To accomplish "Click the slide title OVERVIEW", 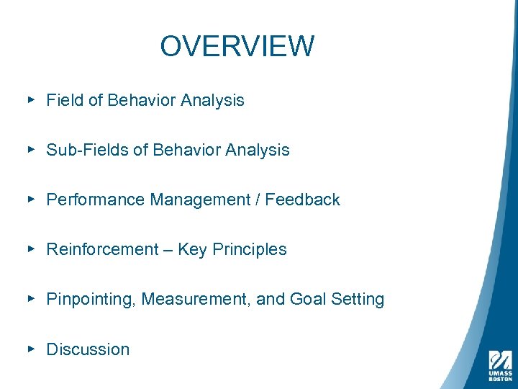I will [237, 46].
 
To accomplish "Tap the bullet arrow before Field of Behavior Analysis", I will [31, 100].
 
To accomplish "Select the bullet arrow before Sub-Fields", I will [31, 150].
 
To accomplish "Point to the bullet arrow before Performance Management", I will [31, 200].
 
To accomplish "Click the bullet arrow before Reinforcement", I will [31, 249].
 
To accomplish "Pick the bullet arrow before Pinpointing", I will [31, 299].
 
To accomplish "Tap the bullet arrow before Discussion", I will [31, 349].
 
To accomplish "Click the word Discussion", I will [88, 349].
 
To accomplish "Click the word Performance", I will [96, 200].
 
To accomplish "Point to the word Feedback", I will [302, 200].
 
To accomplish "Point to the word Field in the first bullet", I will [65, 100].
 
